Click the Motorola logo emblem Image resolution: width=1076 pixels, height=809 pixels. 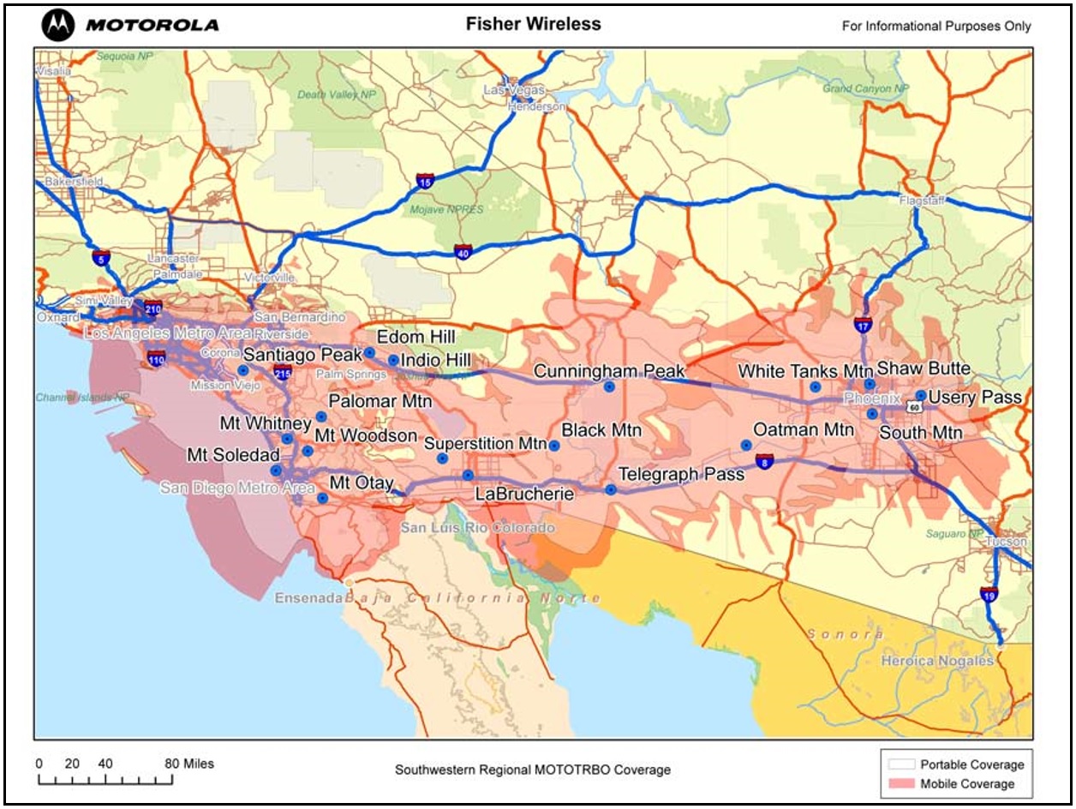tap(59, 25)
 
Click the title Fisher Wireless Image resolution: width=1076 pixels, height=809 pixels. tap(533, 24)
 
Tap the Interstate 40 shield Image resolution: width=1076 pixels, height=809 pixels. tap(463, 252)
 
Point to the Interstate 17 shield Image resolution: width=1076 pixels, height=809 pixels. tap(863, 324)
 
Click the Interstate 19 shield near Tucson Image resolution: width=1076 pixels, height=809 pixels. tap(989, 594)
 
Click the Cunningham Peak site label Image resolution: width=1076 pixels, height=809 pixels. tap(609, 371)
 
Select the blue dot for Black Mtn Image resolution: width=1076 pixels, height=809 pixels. tap(554, 446)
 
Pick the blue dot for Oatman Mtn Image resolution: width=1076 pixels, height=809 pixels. tap(746, 445)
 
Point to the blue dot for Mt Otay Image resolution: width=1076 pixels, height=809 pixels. tap(323, 498)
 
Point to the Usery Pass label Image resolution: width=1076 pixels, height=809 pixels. tap(975, 398)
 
